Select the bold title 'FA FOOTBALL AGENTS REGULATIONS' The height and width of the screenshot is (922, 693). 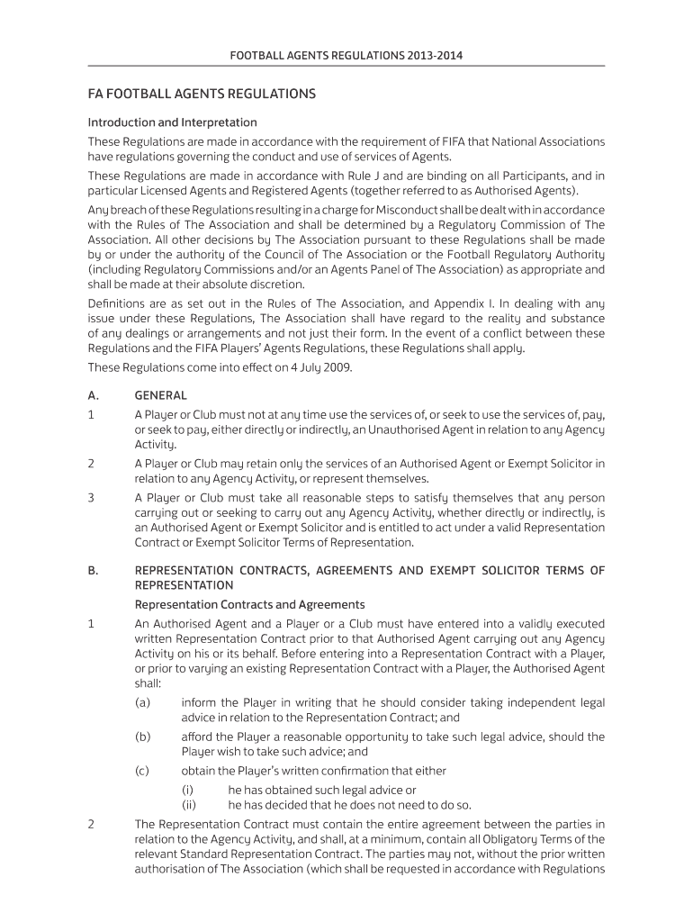coord(202,94)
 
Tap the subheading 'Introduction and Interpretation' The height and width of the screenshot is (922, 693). coord(172,122)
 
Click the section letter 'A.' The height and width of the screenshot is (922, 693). coord(94,395)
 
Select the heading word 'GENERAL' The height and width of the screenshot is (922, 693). coord(160,395)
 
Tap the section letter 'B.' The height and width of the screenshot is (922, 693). coord(94,570)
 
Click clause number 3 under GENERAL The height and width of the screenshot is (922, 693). coord(91,498)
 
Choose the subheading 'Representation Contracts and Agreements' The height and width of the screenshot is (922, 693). coord(249,604)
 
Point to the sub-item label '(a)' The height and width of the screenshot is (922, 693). coord(142,702)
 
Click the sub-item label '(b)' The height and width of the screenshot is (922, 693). coord(142,737)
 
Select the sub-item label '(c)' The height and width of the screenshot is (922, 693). coord(142,771)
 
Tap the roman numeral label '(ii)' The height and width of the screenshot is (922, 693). coord(189,805)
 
